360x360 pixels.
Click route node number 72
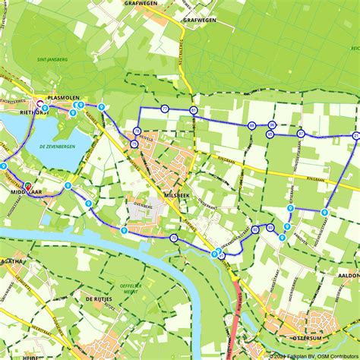click(165, 109)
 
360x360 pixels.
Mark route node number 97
click(301, 134)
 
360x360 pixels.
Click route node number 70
click(174, 238)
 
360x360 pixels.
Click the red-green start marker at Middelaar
click(28, 185)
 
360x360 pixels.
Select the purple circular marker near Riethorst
click(39, 106)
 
